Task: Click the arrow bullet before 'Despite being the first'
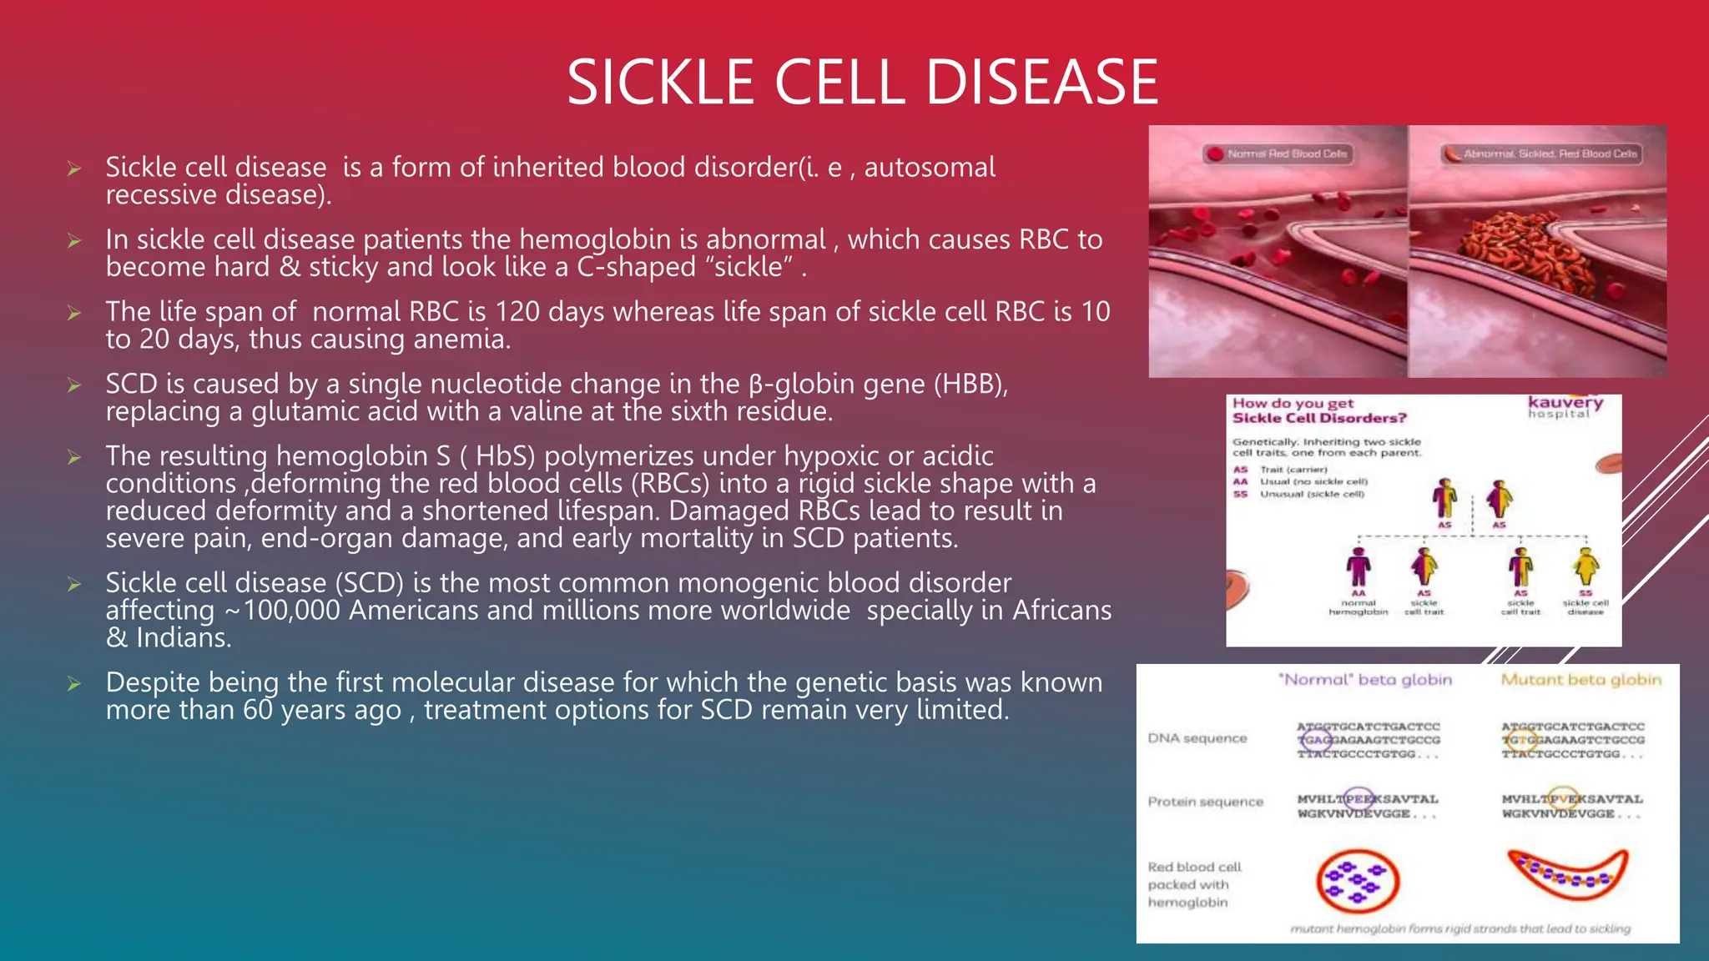tap(74, 684)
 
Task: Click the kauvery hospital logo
tap(1565, 406)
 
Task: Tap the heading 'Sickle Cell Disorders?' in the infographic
tap(1319, 418)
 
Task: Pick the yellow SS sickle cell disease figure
tap(1585, 567)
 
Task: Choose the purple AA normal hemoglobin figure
tap(1358, 567)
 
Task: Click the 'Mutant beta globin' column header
tap(1580, 680)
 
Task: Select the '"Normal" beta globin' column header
tap(1365, 680)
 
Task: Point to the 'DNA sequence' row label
tap(1197, 738)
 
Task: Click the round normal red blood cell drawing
tap(1357, 881)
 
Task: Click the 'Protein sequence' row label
tap(1205, 802)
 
